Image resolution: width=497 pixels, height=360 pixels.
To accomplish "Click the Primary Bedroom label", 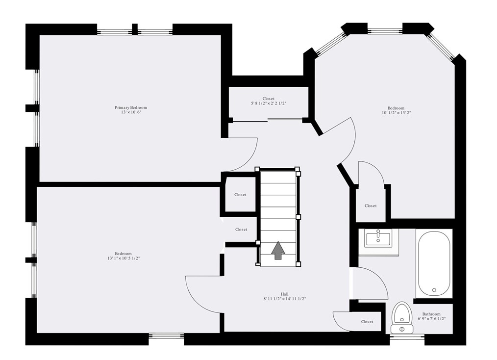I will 130,107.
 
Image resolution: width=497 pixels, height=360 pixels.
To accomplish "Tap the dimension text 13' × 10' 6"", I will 130,112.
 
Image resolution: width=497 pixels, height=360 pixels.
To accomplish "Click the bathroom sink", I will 378,239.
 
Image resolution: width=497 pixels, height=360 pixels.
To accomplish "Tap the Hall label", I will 284,294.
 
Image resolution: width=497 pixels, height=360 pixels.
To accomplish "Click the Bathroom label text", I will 431,314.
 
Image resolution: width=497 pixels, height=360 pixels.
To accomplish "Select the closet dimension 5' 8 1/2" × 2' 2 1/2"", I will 268,103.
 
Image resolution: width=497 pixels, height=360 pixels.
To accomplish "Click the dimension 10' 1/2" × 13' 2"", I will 396,113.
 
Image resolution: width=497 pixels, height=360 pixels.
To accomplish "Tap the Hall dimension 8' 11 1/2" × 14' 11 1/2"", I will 284,299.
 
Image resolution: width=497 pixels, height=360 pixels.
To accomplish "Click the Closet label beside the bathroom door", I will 367,322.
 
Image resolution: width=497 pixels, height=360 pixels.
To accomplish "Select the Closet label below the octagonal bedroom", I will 371,206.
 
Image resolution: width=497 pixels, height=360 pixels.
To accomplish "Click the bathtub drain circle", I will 434,290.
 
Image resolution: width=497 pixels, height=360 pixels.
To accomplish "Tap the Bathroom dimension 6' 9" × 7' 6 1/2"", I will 431,319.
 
